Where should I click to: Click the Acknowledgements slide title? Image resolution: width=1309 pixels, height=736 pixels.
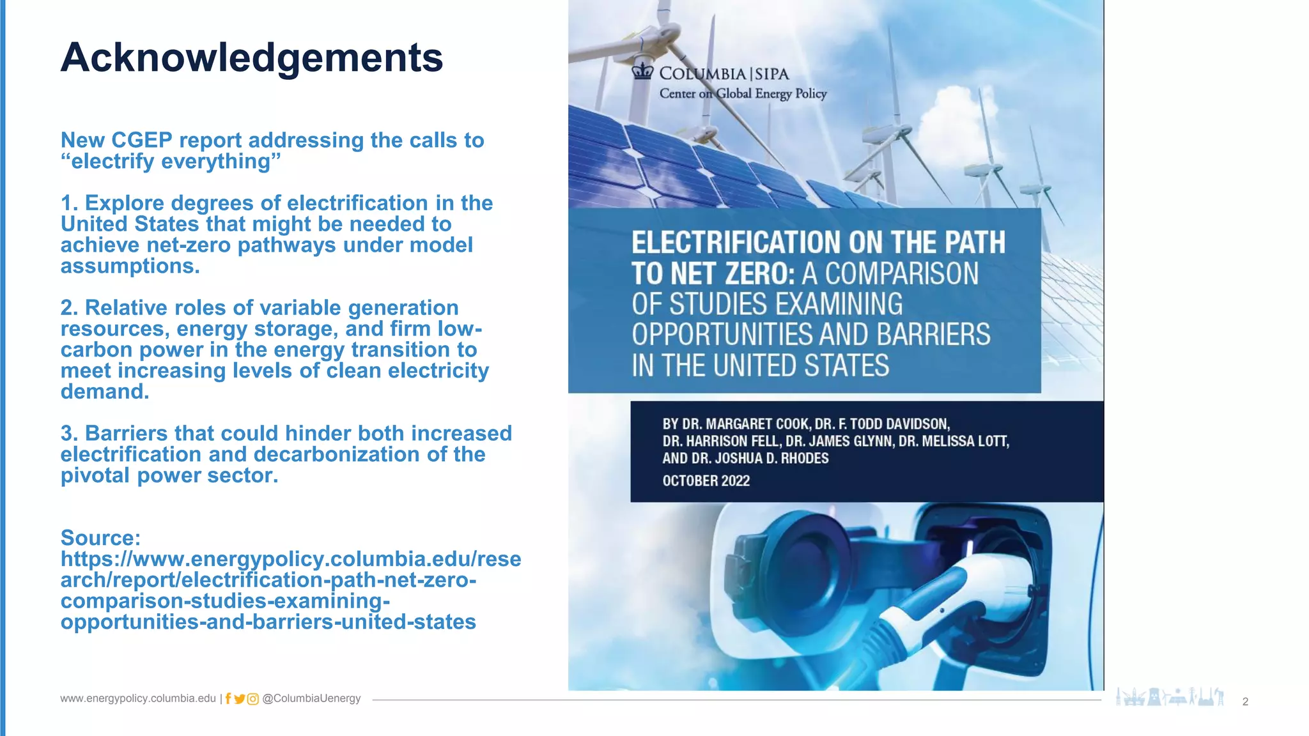pyautogui.click(x=251, y=57)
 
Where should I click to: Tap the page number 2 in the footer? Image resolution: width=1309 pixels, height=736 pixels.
pyautogui.click(x=1245, y=701)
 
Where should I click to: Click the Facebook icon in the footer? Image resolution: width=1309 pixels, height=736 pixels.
pyautogui.click(x=228, y=699)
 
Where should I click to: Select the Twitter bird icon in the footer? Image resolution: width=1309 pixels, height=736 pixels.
pyautogui.click(x=240, y=699)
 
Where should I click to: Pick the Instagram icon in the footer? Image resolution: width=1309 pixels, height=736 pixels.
pyautogui.click(x=253, y=699)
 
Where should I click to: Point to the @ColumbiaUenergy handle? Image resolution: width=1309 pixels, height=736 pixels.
pyautogui.click(x=311, y=698)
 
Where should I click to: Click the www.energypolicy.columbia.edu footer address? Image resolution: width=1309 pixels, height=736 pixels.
pyautogui.click(x=138, y=698)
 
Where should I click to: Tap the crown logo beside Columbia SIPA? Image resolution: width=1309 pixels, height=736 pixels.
pyautogui.click(x=642, y=72)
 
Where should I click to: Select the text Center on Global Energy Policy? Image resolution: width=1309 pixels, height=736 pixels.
pyautogui.click(x=743, y=94)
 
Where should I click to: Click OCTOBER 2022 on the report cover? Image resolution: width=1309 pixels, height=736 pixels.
pyautogui.click(x=706, y=480)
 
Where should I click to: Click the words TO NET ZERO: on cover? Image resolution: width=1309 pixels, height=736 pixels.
pyautogui.click(x=713, y=274)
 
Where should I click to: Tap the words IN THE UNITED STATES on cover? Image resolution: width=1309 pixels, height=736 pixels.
pyautogui.click(x=760, y=366)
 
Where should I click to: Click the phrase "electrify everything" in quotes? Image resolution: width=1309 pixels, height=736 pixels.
pyautogui.click(x=171, y=162)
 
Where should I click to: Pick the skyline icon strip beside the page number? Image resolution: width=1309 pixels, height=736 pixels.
pyautogui.click(x=1170, y=697)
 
